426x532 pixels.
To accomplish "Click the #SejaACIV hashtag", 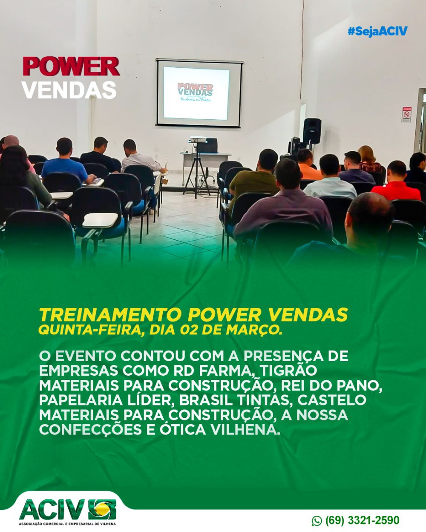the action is [x=377, y=32].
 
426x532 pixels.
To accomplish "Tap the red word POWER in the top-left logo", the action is [x=71, y=66].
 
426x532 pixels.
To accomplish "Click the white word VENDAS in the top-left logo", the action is [x=69, y=90].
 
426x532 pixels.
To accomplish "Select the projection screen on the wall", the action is [x=199, y=93].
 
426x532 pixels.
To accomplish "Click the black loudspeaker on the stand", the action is [x=312, y=131].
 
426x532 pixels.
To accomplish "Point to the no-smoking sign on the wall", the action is [x=406, y=115].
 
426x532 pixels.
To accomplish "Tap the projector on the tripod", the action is [x=198, y=139].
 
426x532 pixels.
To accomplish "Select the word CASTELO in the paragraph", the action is [x=331, y=400].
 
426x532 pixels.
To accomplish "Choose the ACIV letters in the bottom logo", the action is [x=52, y=509].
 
